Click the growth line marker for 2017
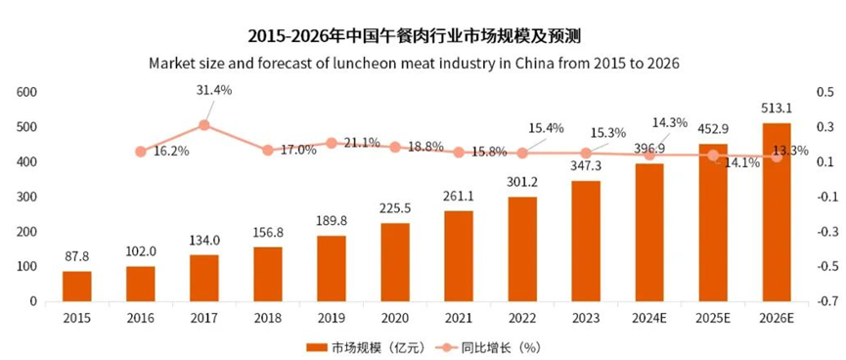204,125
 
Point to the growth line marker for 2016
141,152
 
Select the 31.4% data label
214,90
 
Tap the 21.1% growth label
360,143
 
